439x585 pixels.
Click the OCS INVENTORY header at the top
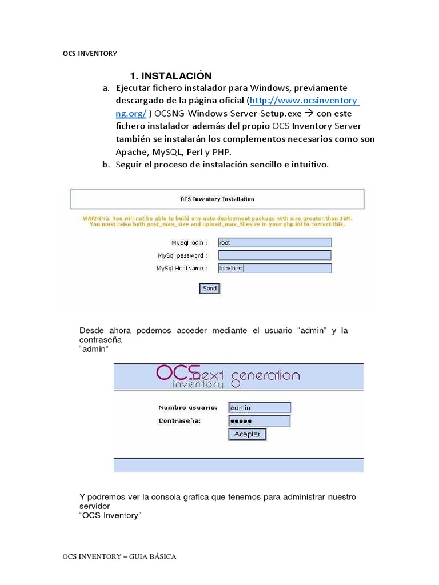90,54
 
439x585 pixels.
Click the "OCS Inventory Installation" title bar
217,199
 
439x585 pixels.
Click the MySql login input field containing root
274,242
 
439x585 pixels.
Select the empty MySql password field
274,255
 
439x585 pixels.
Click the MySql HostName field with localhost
274,268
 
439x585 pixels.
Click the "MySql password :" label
183,255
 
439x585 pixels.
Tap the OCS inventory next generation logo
228,376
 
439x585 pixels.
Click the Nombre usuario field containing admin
260,408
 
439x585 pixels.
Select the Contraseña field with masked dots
259,421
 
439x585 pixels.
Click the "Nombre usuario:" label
187,408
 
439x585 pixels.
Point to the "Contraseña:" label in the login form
180,421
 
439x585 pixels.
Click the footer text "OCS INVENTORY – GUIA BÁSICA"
119,556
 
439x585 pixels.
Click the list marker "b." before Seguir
106,165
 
